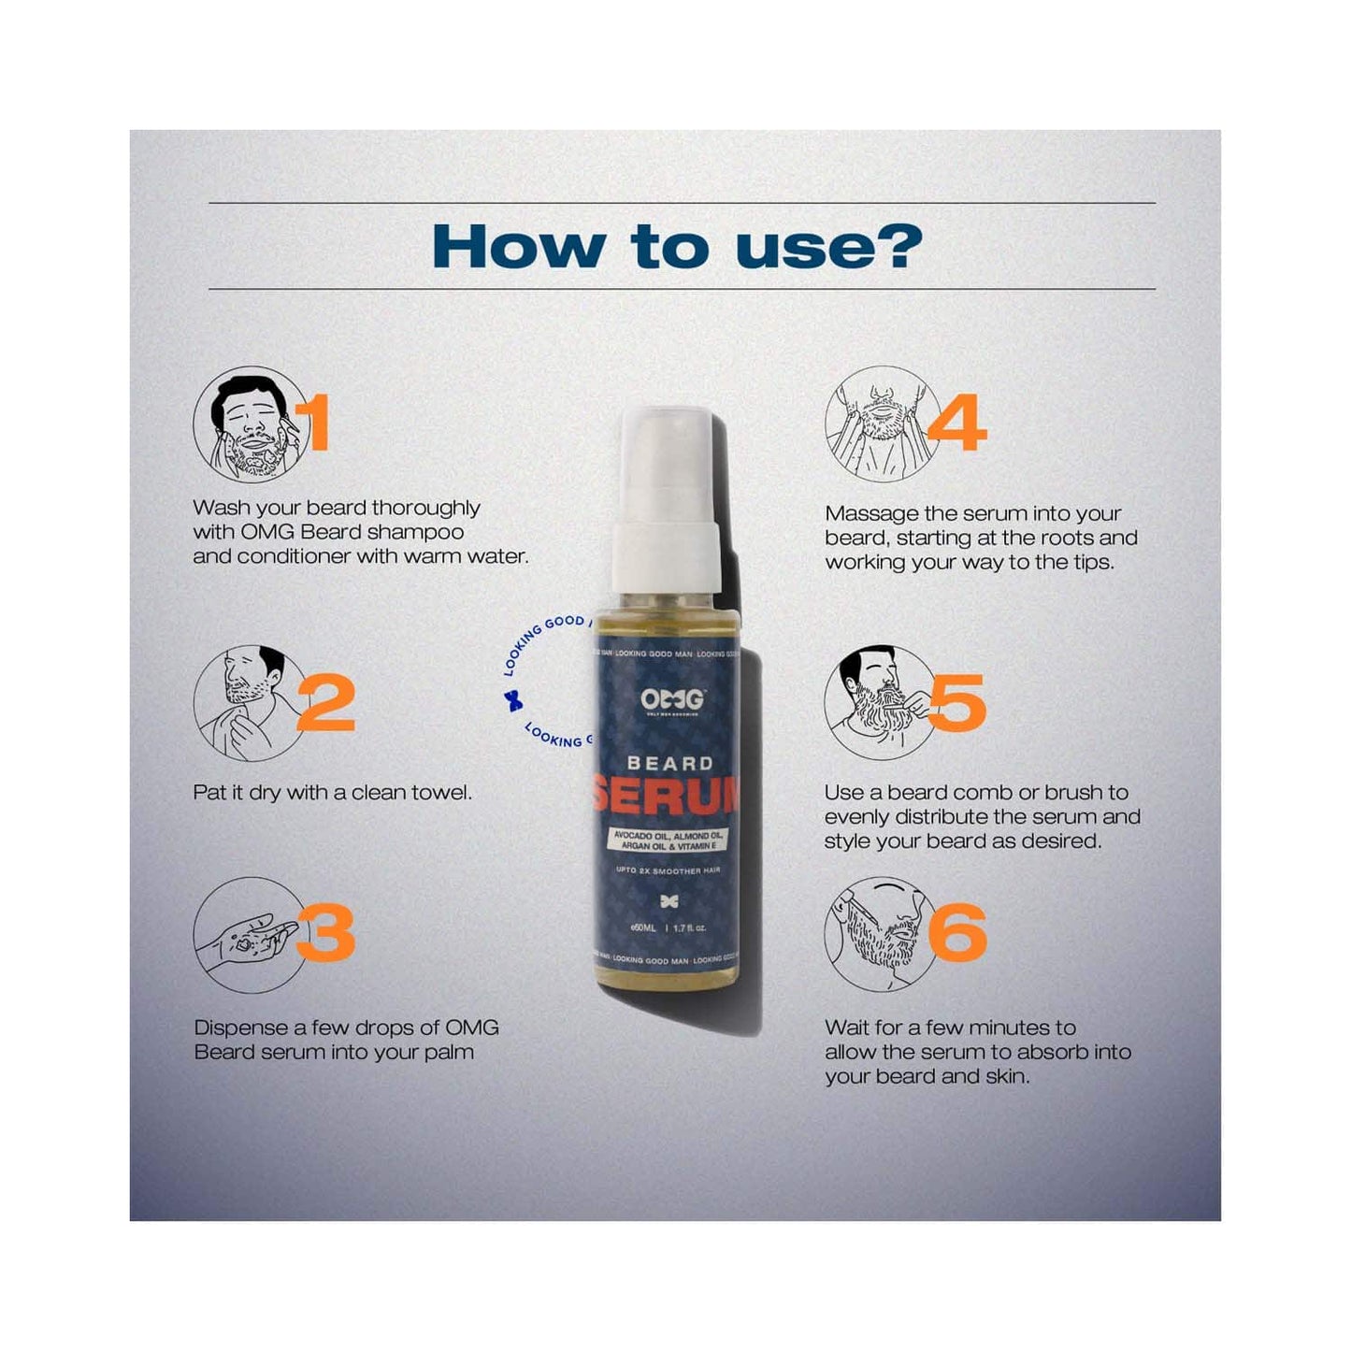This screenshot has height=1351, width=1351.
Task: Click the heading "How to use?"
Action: tap(676, 246)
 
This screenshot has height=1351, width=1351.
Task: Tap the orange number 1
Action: tap(317, 423)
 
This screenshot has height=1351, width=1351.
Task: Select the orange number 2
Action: tap(326, 702)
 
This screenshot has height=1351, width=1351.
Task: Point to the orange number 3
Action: tap(326, 932)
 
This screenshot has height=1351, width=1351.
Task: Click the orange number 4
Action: tap(956, 423)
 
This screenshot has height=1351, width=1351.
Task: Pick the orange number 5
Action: tap(956, 702)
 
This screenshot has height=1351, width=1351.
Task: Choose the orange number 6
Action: tap(958, 932)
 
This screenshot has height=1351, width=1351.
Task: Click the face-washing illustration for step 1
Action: tap(250, 424)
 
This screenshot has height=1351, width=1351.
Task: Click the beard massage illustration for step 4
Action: tap(881, 424)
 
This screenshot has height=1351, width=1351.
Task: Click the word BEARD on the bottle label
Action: tap(669, 764)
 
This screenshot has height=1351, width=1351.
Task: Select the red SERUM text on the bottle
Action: tap(666, 796)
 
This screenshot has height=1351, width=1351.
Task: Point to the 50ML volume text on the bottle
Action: tap(644, 928)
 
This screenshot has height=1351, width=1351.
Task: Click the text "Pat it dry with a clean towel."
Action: tap(332, 793)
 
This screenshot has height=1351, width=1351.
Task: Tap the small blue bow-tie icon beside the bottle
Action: tap(512, 700)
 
